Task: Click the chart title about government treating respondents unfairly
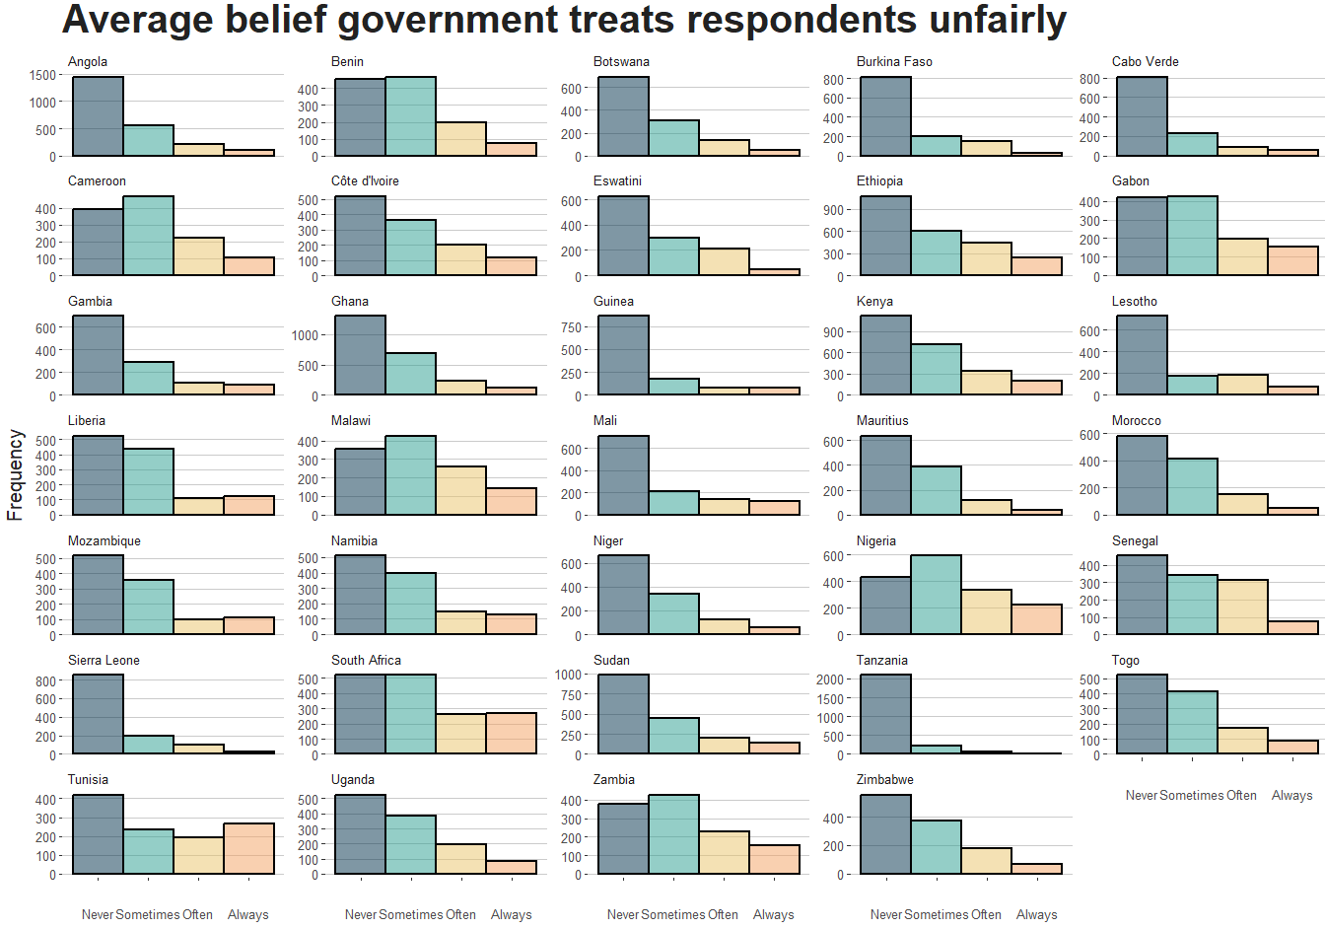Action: (564, 20)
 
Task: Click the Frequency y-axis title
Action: (15, 475)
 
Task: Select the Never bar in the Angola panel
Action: (98, 116)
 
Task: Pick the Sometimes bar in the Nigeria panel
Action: (936, 595)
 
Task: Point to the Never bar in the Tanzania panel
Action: (885, 714)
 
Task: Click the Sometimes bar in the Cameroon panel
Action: (148, 236)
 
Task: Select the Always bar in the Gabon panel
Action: (1292, 260)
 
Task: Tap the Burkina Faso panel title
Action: (894, 61)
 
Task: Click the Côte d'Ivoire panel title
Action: (365, 181)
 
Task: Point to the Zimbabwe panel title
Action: (884, 779)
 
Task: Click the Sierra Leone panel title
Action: (104, 660)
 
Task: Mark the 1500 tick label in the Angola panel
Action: (43, 75)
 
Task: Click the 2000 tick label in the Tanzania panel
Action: (830, 679)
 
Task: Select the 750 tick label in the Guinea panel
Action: (571, 327)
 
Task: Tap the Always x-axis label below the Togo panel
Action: (1291, 795)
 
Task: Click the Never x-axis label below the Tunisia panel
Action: (98, 914)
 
